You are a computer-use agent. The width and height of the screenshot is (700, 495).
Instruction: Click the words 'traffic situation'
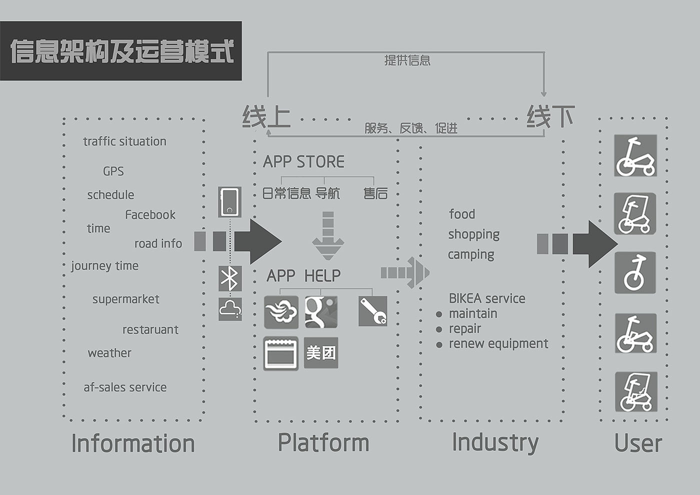click(x=124, y=141)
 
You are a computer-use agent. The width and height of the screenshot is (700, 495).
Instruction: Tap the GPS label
click(x=113, y=171)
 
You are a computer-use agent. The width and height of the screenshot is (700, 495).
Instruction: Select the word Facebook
click(x=150, y=215)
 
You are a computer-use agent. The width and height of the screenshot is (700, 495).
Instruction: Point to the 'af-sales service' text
click(x=125, y=387)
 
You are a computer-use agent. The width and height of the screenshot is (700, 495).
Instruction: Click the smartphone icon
click(x=229, y=202)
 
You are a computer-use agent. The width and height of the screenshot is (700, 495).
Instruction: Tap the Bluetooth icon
click(x=230, y=278)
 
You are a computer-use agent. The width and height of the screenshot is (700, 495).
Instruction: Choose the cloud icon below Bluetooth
click(x=230, y=309)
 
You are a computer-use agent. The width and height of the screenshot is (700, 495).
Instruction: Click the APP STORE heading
click(x=303, y=162)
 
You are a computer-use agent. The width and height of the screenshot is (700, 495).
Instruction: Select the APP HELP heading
click(x=303, y=275)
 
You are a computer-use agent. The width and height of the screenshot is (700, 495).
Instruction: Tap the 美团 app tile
click(x=321, y=353)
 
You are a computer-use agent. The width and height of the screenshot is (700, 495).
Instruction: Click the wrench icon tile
click(x=372, y=311)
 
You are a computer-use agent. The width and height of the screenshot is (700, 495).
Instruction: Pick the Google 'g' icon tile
click(x=321, y=312)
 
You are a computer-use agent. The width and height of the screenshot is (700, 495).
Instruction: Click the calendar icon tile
click(x=281, y=353)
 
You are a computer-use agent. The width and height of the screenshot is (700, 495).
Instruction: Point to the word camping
click(x=471, y=254)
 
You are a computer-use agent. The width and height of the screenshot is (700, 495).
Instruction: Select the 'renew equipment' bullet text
click(x=498, y=343)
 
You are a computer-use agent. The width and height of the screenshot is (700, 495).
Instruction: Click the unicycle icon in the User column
click(x=634, y=272)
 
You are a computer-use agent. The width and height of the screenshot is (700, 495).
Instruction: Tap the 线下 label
click(x=550, y=116)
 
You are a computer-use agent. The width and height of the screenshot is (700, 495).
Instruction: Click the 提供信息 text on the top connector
click(x=407, y=60)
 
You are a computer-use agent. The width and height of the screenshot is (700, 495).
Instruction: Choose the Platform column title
click(x=323, y=443)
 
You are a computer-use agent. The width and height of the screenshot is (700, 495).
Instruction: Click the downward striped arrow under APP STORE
click(x=328, y=235)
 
